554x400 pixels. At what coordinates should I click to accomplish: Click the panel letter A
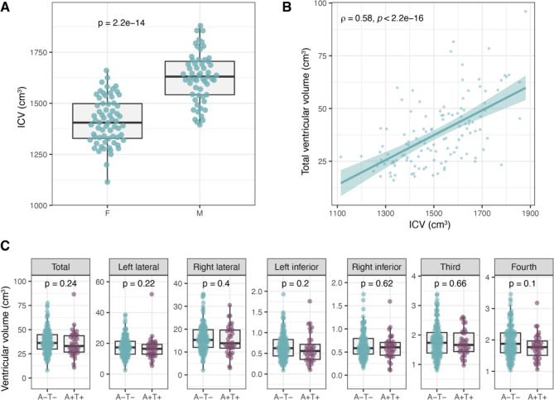6,7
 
